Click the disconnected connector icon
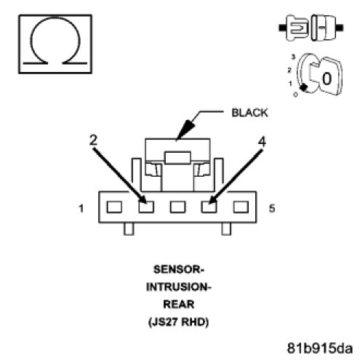coord(311,28)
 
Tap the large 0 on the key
coord(327,78)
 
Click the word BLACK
coord(249,113)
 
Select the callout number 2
coord(93,140)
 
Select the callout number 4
coord(262,141)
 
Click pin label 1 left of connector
coord(81,208)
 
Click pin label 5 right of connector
coord(272,208)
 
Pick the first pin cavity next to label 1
coord(114,207)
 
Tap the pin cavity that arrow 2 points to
coord(146,207)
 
